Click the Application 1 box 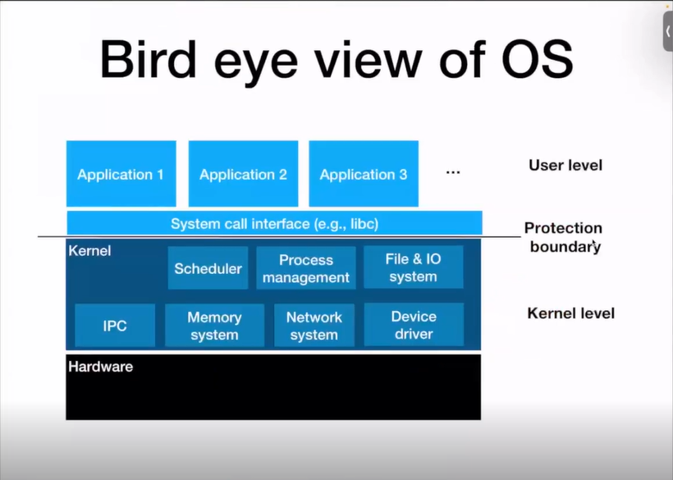tap(121, 174)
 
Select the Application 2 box tap(243, 174)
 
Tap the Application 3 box tap(364, 174)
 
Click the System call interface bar tap(274, 223)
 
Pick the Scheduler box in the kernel tap(208, 268)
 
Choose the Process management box tap(306, 268)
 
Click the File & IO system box tap(413, 267)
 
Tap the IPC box tap(115, 326)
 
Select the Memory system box tap(214, 326)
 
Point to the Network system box tap(314, 326)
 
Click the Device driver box tap(414, 325)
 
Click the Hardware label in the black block tap(100, 367)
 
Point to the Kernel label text tap(89, 250)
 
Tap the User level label tap(565, 166)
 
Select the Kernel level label tap(570, 313)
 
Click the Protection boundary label tap(563, 237)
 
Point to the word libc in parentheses tap(359, 223)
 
